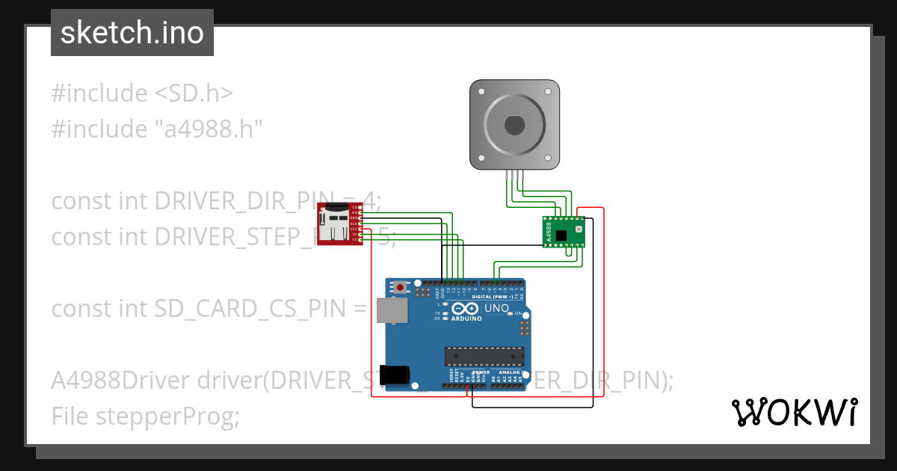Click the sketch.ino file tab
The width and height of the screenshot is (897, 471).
click(x=132, y=33)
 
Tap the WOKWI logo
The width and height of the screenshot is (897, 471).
click(x=793, y=412)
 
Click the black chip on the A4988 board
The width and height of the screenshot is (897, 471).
click(x=562, y=236)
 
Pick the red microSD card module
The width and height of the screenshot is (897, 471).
click(x=338, y=223)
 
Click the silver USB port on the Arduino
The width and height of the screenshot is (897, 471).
click(x=389, y=310)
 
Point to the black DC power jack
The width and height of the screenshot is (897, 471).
click(x=395, y=375)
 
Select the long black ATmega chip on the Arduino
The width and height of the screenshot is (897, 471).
click(x=484, y=356)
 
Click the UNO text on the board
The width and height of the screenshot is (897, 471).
click(x=496, y=308)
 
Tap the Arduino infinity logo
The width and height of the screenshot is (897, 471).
click(x=464, y=309)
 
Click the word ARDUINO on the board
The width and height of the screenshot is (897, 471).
click(x=465, y=318)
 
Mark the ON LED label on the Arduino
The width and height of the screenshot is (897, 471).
click(x=517, y=313)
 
